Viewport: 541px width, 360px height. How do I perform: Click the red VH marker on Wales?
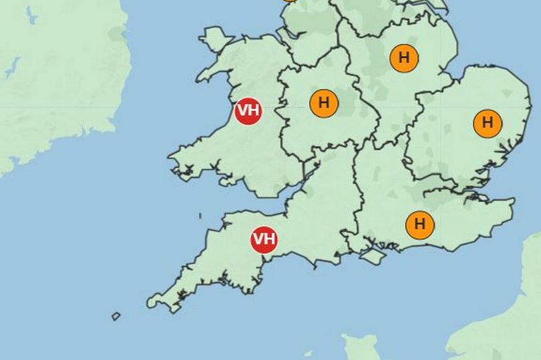(x=248, y=111)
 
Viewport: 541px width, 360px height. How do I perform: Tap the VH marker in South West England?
(x=264, y=239)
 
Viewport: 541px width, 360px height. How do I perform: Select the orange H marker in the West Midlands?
(x=325, y=104)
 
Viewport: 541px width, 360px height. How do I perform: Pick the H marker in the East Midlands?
(x=403, y=57)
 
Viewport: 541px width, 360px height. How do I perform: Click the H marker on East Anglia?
(x=487, y=123)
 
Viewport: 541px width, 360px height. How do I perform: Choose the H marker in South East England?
(x=420, y=224)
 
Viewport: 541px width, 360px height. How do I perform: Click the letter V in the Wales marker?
(x=243, y=111)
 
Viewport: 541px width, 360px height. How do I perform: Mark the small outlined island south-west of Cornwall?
(x=116, y=316)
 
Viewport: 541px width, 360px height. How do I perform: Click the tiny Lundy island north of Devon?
(x=200, y=215)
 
